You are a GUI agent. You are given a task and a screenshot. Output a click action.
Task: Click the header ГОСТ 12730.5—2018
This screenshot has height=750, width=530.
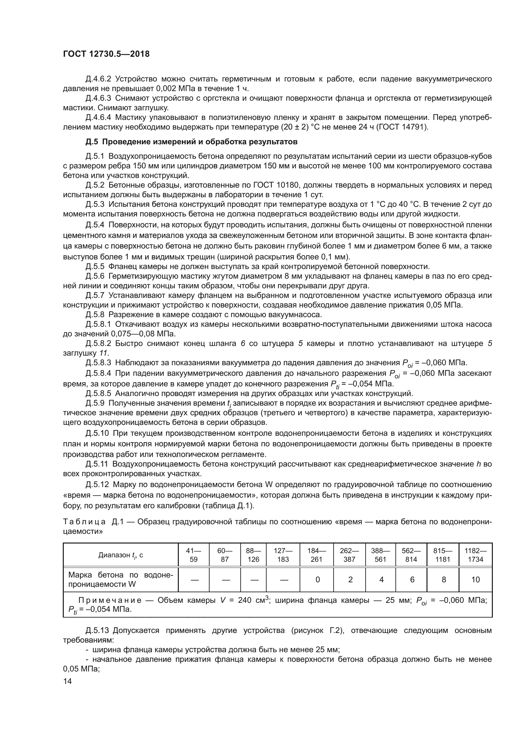pos(106,54)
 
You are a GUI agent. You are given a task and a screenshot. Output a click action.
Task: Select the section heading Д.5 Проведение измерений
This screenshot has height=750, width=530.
pos(192,142)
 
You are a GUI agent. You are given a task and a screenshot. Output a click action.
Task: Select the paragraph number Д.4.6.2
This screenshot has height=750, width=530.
pos(98,79)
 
